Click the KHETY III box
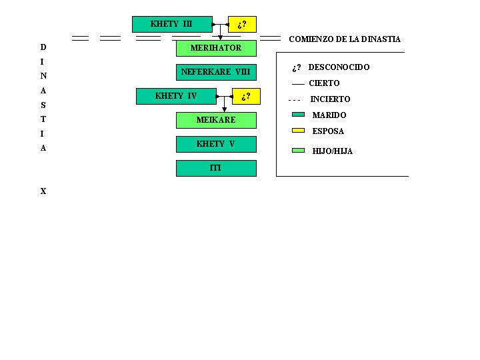(x=172, y=24)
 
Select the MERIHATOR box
(x=216, y=48)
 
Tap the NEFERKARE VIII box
(x=216, y=72)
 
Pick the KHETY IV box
(x=176, y=96)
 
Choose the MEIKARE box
(x=216, y=120)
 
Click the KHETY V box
(x=216, y=144)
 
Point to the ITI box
(x=216, y=168)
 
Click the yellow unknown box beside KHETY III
(x=242, y=25)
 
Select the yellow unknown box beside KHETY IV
(x=246, y=97)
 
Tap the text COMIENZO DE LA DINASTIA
(x=345, y=39)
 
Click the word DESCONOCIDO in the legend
(x=339, y=67)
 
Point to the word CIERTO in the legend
(x=324, y=83)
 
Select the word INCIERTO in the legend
(x=330, y=99)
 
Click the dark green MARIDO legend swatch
(x=298, y=115)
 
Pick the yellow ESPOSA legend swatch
(x=298, y=131)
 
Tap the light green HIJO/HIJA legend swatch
(x=298, y=150)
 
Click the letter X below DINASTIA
(x=43, y=191)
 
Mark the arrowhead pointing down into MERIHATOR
(x=221, y=38)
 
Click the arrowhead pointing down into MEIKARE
(x=225, y=110)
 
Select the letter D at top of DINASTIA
(x=43, y=47)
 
